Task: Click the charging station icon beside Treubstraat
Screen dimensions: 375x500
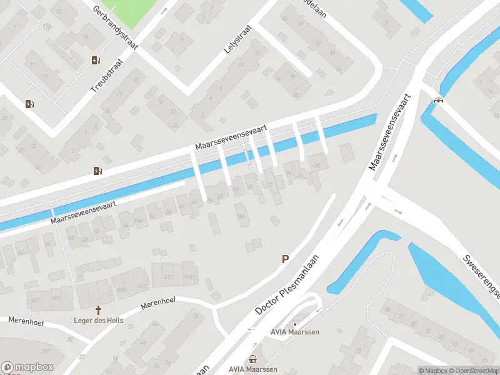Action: [x=96, y=60]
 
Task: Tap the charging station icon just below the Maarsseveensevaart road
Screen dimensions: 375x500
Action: [x=97, y=170]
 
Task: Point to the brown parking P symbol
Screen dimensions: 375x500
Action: [x=286, y=259]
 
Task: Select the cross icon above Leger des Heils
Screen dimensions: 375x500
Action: [x=98, y=310]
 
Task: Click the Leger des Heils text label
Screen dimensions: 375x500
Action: [x=98, y=321]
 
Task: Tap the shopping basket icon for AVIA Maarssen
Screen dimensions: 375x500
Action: [x=252, y=359]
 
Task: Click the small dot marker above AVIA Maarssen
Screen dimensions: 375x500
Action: [x=294, y=324]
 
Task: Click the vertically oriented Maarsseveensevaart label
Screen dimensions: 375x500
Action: [x=390, y=132]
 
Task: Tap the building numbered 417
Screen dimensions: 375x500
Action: [x=167, y=277]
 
